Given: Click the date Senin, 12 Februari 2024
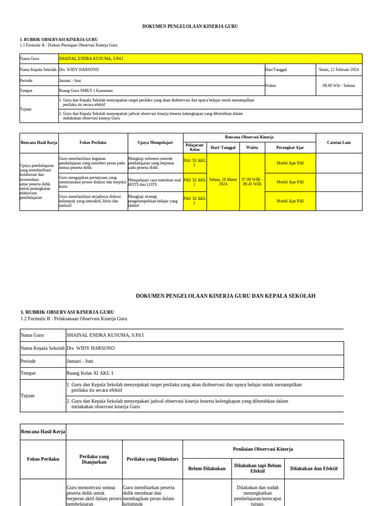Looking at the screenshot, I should pyautogui.click(x=339, y=70).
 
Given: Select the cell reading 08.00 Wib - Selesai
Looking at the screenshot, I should pyautogui.click(x=339, y=85).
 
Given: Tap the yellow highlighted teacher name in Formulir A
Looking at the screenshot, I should pyautogui.click(x=91, y=58).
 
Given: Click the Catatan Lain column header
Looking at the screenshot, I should pyautogui.click(x=339, y=142).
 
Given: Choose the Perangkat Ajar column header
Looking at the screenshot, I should pyautogui.click(x=290, y=147).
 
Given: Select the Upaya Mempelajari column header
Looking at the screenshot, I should pyautogui.click(x=155, y=142).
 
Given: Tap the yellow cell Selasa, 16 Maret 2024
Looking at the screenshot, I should pyautogui.click(x=223, y=182).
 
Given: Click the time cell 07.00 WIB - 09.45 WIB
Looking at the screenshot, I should pyautogui.click(x=252, y=182).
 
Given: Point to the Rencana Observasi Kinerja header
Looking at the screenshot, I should pyautogui.click(x=249, y=137).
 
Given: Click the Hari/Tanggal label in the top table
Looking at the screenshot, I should pyautogui.click(x=276, y=70).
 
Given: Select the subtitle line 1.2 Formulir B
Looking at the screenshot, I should pyautogui.click(x=74, y=319).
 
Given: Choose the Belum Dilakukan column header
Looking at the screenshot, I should pyautogui.click(x=207, y=468).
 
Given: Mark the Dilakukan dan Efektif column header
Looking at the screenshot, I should pyautogui.click(x=314, y=468).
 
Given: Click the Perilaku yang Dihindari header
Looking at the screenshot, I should pyautogui.click(x=152, y=459).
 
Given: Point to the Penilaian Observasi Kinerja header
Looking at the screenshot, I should pyautogui.click(x=263, y=449).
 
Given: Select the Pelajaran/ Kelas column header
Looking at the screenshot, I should pyautogui.click(x=194, y=147).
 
